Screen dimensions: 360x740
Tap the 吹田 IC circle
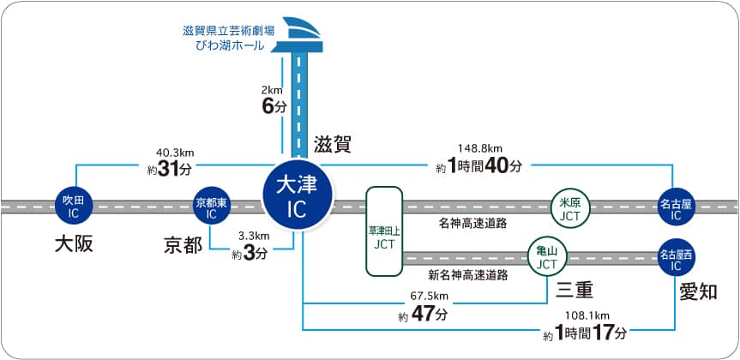tap(72, 206)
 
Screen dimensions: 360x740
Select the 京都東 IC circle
tap(211, 206)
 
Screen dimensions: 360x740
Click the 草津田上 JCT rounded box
tap(384, 231)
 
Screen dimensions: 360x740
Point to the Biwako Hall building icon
tap(299, 33)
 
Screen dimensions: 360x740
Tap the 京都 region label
tap(183, 247)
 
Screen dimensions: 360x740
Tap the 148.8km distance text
tap(480, 147)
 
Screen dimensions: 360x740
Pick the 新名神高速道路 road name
tap(467, 275)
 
